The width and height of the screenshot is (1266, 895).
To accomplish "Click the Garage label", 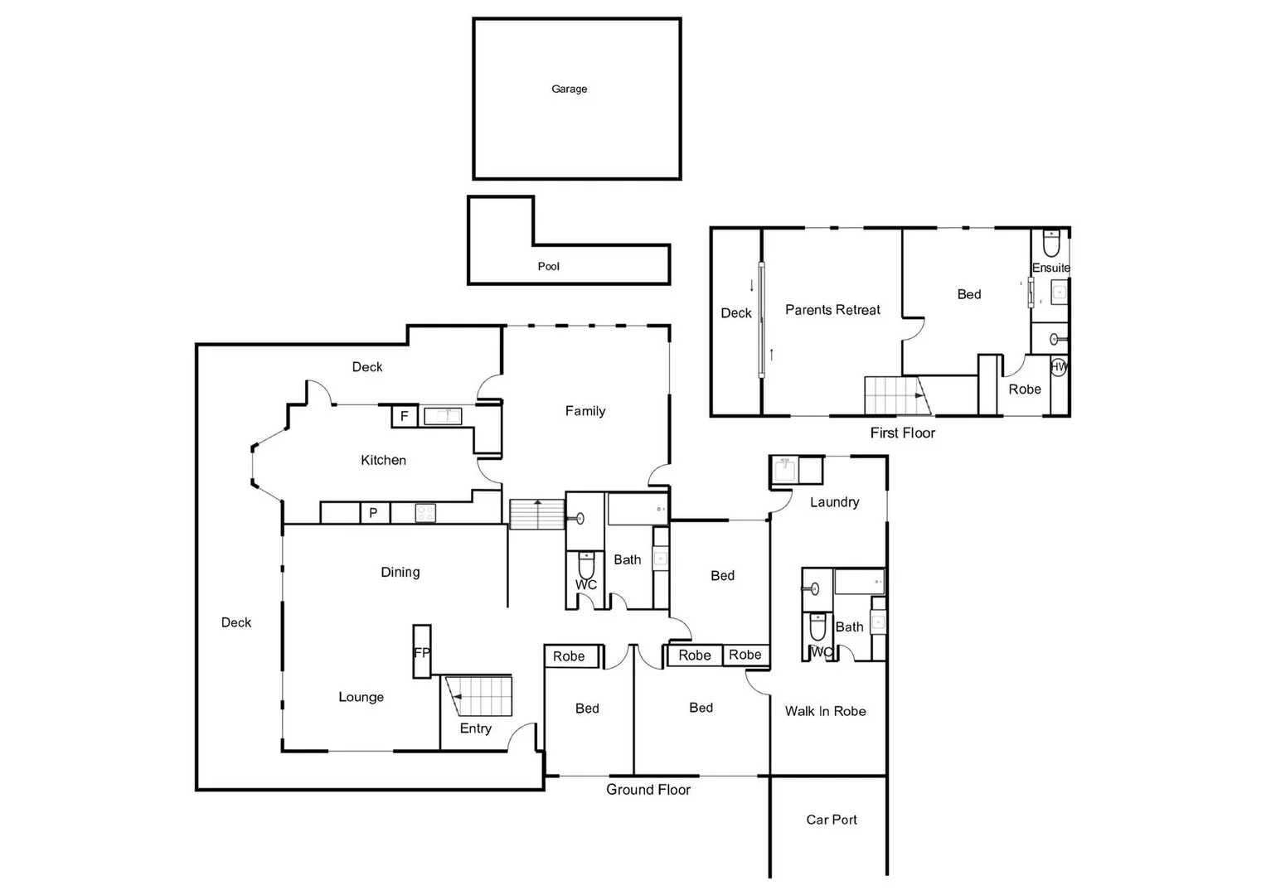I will [x=569, y=89].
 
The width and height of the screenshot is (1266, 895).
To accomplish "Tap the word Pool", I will [x=548, y=266].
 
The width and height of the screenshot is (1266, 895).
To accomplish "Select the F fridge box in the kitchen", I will [x=404, y=416].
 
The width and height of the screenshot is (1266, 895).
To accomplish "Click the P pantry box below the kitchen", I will [x=373, y=513].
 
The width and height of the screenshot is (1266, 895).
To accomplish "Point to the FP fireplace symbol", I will [x=422, y=652].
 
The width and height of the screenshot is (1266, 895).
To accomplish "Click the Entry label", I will [x=475, y=728].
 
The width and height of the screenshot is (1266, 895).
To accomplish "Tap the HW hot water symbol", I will [x=1059, y=366].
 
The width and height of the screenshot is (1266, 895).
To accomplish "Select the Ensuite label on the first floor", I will [x=1050, y=268].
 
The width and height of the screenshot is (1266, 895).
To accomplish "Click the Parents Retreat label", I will [x=832, y=310].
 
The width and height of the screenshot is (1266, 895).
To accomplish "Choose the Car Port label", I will [x=832, y=820].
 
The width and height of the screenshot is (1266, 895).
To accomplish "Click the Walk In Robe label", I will [x=825, y=711].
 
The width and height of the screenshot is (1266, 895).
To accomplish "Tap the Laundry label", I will [x=834, y=502].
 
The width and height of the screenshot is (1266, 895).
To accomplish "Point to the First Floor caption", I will [x=902, y=433].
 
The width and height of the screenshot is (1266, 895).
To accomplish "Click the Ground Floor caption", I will [x=648, y=790].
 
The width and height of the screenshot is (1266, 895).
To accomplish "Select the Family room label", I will [x=585, y=411].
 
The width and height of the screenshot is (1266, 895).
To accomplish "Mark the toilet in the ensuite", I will [x=1050, y=244].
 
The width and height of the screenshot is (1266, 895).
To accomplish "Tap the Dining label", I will [x=400, y=572].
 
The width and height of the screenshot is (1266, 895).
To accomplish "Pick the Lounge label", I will [x=361, y=697].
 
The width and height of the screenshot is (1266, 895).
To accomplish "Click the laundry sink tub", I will [x=783, y=470].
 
